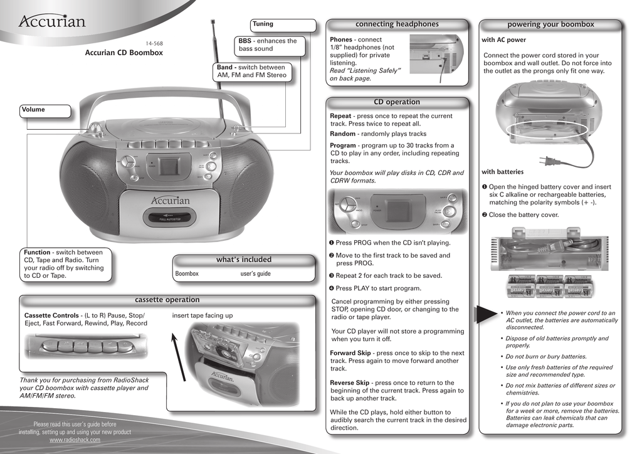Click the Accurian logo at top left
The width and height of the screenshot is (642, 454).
(x=51, y=22)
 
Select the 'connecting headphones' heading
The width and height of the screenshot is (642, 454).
(x=397, y=24)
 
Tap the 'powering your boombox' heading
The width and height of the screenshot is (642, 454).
(x=550, y=24)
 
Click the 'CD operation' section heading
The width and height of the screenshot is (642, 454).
(x=397, y=102)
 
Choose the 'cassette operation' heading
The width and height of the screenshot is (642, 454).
(x=167, y=300)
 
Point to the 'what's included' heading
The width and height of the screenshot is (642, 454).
(x=244, y=260)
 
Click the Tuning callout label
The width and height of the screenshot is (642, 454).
(x=263, y=24)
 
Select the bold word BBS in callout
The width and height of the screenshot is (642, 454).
(x=245, y=41)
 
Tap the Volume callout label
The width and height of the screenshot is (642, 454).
(x=33, y=110)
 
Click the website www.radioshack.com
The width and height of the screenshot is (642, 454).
(x=75, y=440)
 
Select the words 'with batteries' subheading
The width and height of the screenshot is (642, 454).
(x=502, y=172)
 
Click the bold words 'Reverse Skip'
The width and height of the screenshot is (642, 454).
(x=350, y=383)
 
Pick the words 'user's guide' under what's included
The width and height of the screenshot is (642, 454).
(x=255, y=274)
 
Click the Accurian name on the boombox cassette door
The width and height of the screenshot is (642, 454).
(x=170, y=201)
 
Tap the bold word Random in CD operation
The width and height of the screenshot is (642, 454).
(x=342, y=134)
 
